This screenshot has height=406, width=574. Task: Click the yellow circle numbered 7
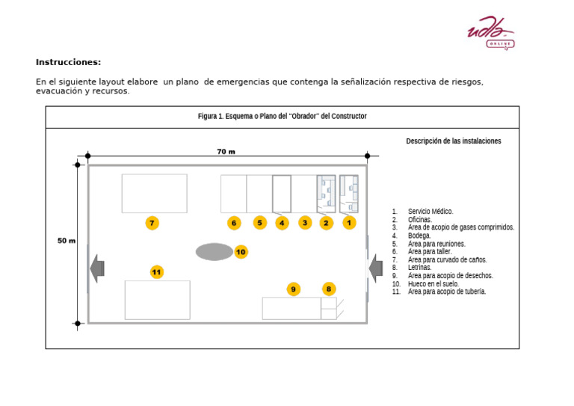[152, 223]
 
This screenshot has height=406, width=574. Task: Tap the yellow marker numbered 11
[156, 272]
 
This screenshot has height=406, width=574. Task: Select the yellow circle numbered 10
[241, 252]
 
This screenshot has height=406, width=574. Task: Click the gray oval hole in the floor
[215, 252]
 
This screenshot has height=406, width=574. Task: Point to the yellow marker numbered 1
[349, 223]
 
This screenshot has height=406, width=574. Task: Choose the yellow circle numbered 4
[282, 223]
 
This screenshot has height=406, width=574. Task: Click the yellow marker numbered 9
[294, 289]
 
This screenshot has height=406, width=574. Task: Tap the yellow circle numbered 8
[329, 289]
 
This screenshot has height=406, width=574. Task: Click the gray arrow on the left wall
[96, 266]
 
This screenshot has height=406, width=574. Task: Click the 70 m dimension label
[226, 152]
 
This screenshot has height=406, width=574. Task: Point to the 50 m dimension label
[67, 241]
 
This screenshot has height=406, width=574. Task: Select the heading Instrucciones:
[68, 62]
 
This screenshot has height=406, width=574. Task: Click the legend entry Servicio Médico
[430, 212]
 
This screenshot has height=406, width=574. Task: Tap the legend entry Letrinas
[419, 268]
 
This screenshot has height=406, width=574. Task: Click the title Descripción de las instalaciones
[453, 141]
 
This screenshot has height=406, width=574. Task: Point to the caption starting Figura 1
[282, 117]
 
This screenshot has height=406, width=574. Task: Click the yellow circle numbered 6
[234, 223]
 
